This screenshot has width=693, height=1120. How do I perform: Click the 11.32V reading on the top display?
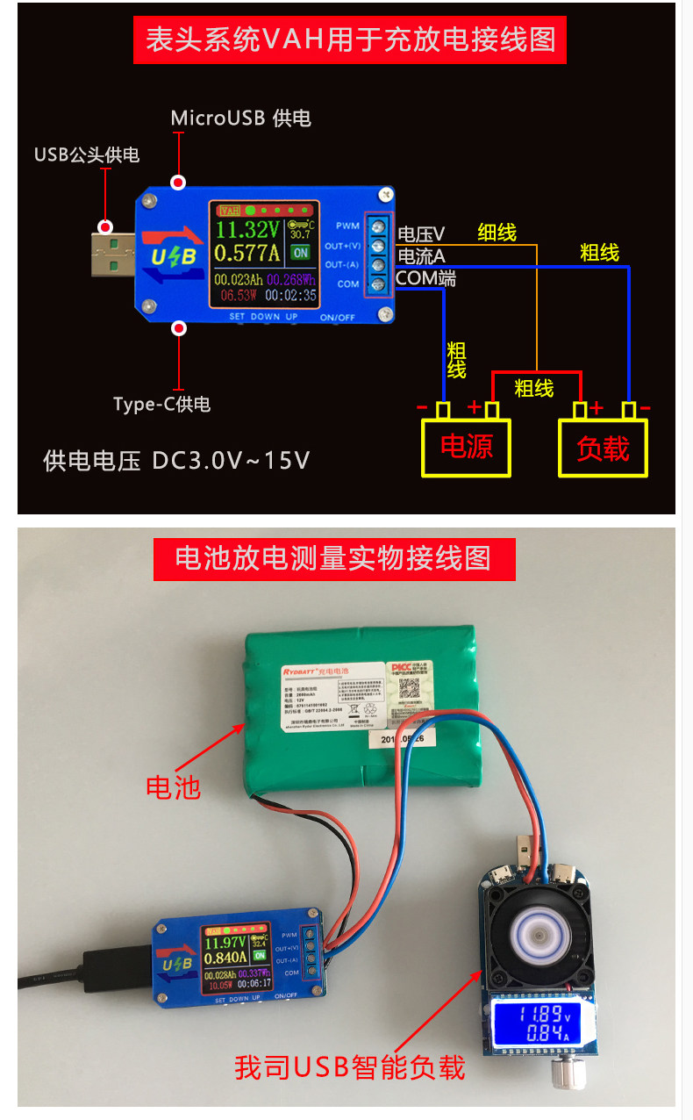click(x=247, y=230)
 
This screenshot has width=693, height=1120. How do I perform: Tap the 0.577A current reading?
click(x=247, y=254)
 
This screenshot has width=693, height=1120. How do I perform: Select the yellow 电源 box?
click(x=466, y=448)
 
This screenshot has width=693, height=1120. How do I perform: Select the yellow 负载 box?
click(x=604, y=448)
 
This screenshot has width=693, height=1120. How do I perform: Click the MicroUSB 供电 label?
click(x=240, y=118)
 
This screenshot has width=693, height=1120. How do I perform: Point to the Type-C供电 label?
click(x=162, y=405)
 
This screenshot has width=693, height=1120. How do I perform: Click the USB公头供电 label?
click(x=87, y=155)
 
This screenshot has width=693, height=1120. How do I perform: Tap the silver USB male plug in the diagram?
click(x=112, y=252)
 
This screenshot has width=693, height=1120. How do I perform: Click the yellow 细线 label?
click(x=497, y=233)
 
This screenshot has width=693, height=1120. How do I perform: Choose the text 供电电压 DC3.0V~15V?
click(x=176, y=461)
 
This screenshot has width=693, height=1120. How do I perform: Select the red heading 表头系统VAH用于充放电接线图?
click(x=350, y=39)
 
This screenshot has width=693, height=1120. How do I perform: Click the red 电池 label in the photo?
click(x=173, y=786)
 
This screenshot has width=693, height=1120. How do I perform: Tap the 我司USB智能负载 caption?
click(x=349, y=1067)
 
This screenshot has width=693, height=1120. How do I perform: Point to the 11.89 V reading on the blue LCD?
click(x=528, y=1014)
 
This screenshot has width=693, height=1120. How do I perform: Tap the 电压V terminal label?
click(x=421, y=234)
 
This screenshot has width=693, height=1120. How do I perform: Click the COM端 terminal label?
click(x=425, y=279)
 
